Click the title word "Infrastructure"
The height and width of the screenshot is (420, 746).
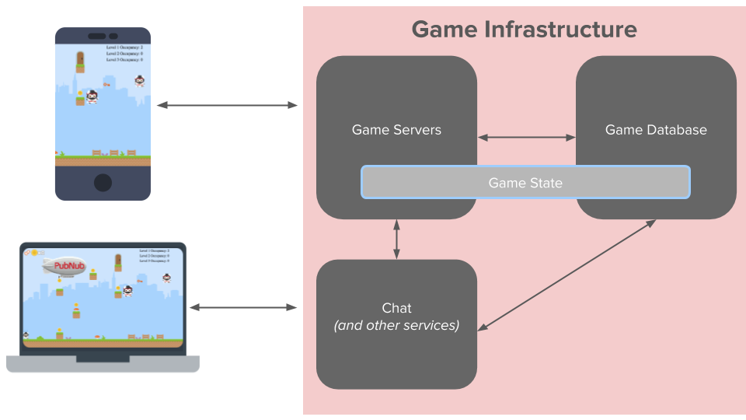[x=560, y=30]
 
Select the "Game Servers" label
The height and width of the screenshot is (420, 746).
[x=396, y=130]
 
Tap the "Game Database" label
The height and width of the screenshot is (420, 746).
[x=656, y=130]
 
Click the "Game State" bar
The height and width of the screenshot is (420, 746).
[x=525, y=183]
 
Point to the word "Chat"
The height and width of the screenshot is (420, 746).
[x=396, y=308]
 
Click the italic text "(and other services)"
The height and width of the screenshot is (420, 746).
[x=396, y=325]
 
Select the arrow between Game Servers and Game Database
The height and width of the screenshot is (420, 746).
[x=526, y=138]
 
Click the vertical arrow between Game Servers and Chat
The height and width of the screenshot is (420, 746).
[x=397, y=240]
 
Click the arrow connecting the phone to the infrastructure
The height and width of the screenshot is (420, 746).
[x=227, y=105]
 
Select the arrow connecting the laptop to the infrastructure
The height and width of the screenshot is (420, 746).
[x=243, y=308]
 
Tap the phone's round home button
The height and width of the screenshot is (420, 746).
[x=103, y=183]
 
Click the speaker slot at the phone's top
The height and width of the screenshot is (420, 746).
[x=97, y=36]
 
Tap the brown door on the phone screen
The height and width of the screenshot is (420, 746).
[x=80, y=59]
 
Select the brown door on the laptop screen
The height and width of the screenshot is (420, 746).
[x=118, y=261]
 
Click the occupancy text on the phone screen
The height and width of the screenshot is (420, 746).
[x=124, y=53]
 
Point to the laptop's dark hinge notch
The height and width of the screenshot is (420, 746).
[x=103, y=359]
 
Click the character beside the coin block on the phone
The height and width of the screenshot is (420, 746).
[x=92, y=97]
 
